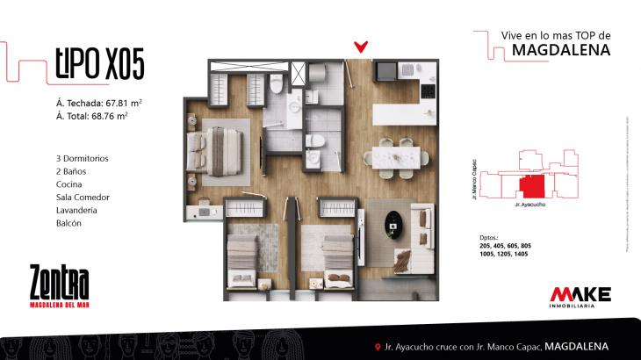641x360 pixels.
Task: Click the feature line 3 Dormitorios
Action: pos(82,158)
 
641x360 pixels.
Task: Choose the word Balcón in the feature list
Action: pos(68,224)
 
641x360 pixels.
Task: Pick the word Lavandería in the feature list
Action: pos(76,211)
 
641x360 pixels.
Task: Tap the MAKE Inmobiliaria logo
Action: pos(579,297)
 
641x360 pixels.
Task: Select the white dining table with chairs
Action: pos(397,155)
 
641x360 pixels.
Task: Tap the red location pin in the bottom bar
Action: pos(377,346)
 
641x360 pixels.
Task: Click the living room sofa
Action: pos(423,225)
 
